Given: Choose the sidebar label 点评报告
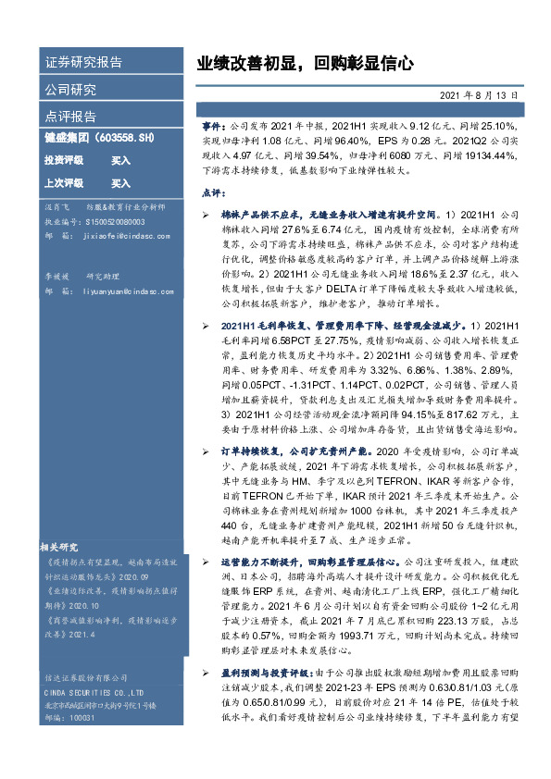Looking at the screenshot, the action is coord(70,117).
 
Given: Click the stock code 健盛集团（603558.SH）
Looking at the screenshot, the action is coord(99,139).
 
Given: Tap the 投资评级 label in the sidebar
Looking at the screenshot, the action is coord(64,160).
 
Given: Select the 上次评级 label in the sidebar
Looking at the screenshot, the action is coord(64,183).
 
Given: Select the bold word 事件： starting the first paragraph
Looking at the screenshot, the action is coord(213,124).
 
